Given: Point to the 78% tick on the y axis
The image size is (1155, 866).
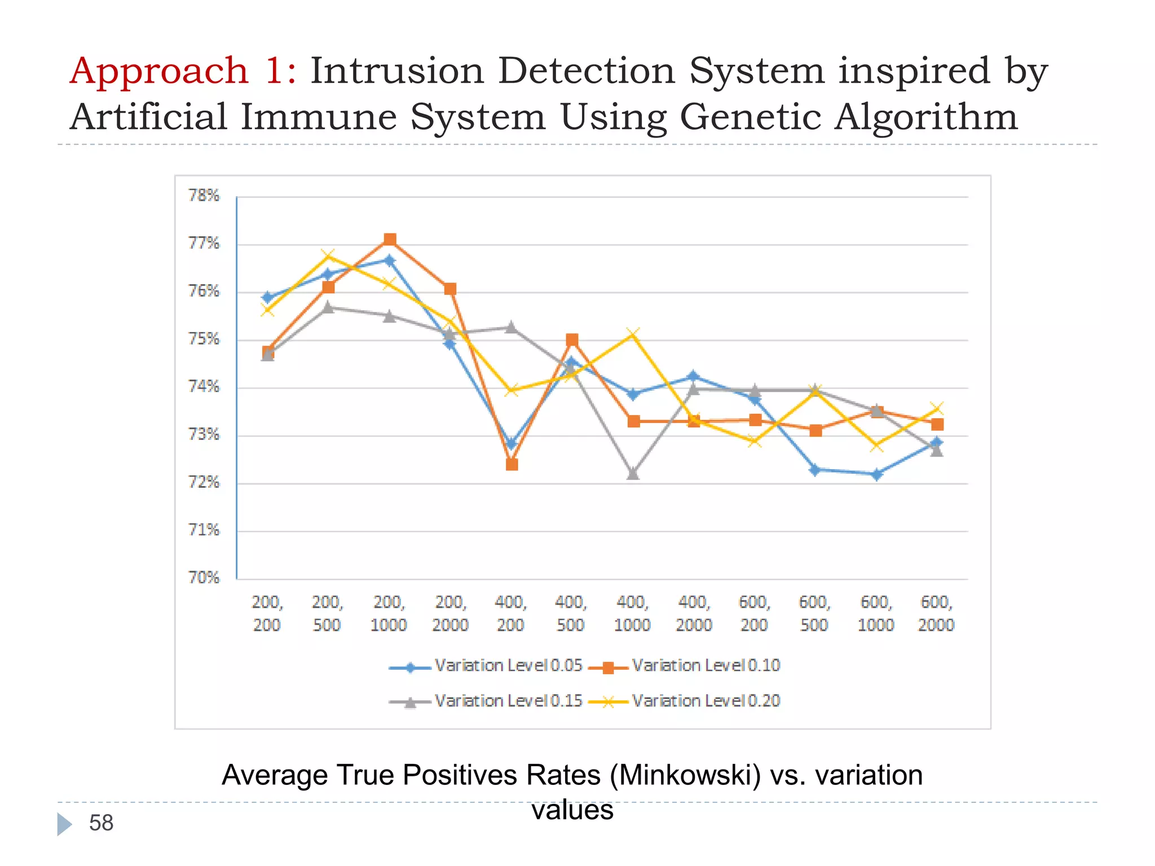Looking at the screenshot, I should point(204,196).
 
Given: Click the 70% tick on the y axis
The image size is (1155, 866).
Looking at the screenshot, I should point(204,578).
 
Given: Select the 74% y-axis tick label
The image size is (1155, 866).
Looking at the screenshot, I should point(204,387).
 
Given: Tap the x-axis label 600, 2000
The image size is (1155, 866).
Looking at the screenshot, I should point(936,613).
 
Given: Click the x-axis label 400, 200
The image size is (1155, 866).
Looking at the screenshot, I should point(510,613).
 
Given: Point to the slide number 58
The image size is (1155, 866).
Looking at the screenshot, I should point(102,823).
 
